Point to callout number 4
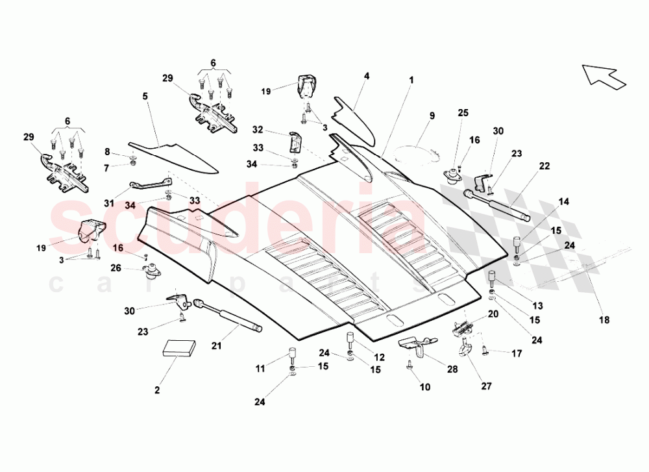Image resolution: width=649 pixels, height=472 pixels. coord(367,76)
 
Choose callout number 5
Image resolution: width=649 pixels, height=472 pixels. coord(145,96)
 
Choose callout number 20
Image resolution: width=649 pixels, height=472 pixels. coord(493,314)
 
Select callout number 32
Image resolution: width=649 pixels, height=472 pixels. coord(258,129)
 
